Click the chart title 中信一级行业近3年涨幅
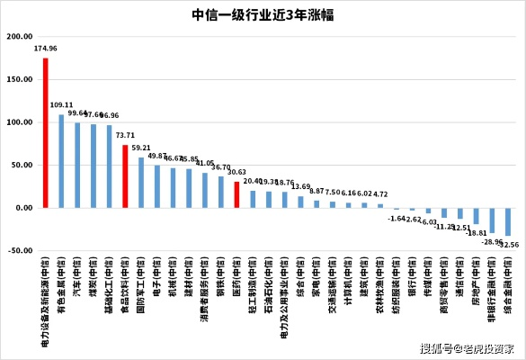(263, 14)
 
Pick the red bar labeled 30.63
(236, 194)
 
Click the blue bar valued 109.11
(61, 161)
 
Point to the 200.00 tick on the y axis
(20, 37)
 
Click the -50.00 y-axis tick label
(20, 250)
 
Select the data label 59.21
(141, 148)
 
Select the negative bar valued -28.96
(492, 220)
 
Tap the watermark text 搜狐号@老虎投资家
(467, 348)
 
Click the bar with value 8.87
(316, 203)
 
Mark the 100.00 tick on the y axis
(20, 122)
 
